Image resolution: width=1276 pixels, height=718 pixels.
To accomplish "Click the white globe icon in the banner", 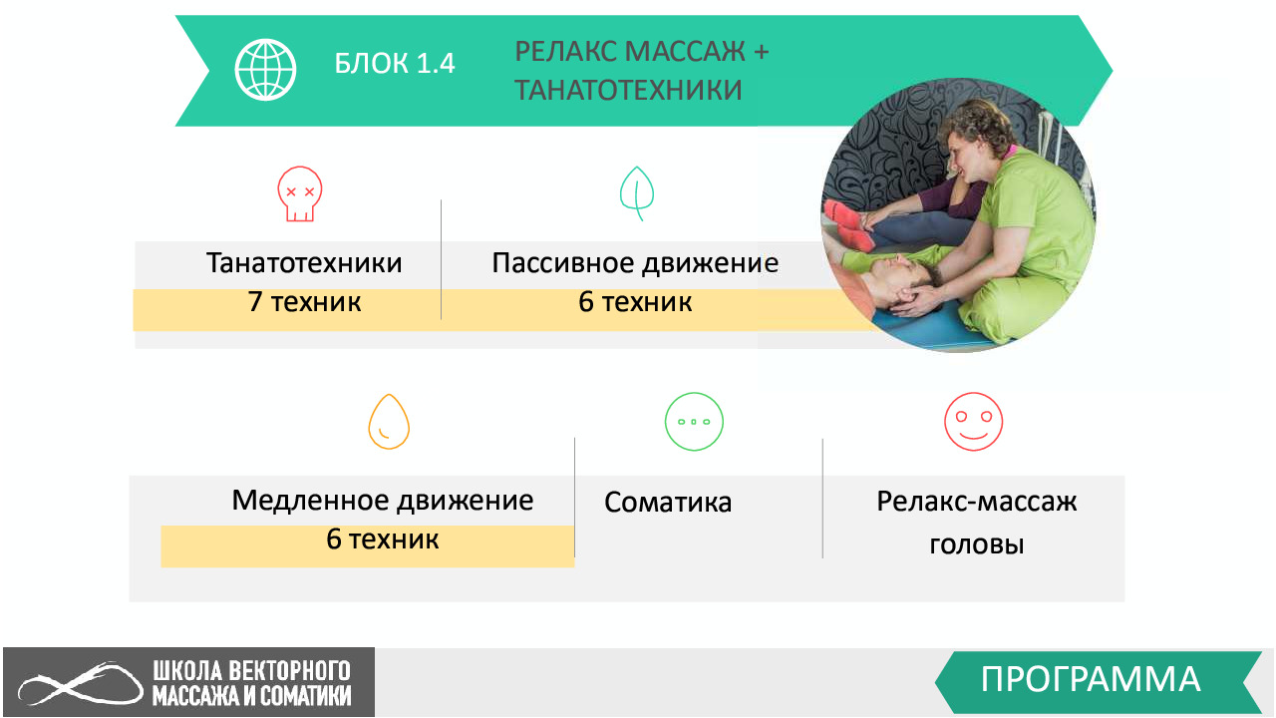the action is click(265, 70).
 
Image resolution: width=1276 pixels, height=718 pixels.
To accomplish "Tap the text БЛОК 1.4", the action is click(394, 63).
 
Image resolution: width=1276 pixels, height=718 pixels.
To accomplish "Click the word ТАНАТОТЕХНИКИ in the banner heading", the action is click(628, 90).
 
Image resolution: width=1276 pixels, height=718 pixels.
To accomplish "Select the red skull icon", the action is click(300, 193).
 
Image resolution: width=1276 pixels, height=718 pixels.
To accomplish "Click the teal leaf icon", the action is click(636, 193).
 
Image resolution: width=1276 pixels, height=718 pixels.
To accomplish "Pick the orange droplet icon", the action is click(389, 422).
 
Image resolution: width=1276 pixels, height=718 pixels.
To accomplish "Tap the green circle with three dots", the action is click(694, 422).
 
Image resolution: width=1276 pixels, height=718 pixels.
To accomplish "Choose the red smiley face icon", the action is click(974, 422).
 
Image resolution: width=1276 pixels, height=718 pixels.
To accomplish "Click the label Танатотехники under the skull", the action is click(304, 263).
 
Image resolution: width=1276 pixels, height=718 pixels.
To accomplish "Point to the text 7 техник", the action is click(304, 302).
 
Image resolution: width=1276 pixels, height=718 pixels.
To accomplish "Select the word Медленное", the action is click(310, 501).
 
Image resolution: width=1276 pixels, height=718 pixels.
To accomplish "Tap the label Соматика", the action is click(668, 503).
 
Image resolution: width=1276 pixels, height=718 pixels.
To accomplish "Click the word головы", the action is click(977, 544).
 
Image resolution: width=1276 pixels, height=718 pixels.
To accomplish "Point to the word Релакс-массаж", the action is click(977, 502).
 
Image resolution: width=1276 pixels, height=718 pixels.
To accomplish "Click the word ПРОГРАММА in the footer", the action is click(1091, 679).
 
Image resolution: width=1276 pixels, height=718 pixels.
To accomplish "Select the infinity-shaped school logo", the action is click(81, 684).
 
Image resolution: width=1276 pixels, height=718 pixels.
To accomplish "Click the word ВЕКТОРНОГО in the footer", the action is click(289, 671).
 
